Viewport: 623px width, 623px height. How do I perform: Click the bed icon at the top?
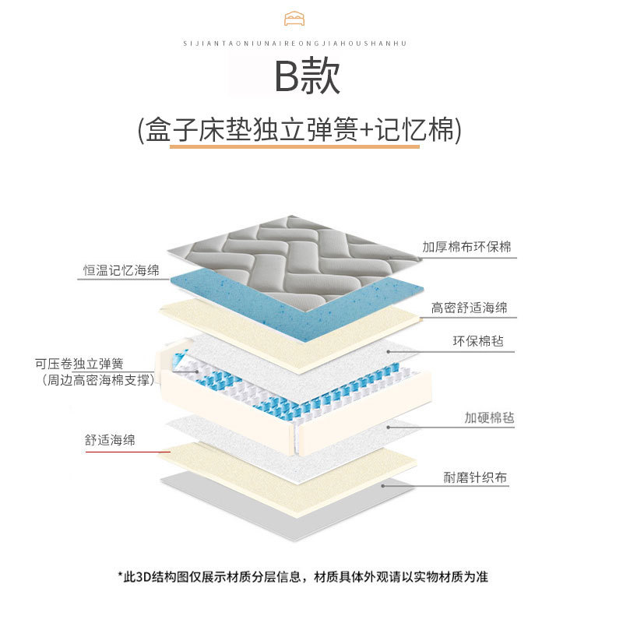tap(294, 19)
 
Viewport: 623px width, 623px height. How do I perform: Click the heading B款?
tap(307, 76)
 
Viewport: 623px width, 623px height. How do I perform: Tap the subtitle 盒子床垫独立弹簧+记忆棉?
tap(300, 129)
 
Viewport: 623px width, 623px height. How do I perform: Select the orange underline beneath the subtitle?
tap(294, 146)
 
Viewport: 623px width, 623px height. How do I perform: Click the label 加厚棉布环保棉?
tap(466, 247)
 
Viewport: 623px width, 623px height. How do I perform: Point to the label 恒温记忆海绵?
tap(121, 270)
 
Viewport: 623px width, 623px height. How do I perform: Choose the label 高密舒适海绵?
tap(470, 308)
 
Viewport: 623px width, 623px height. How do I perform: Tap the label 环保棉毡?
tap(478, 341)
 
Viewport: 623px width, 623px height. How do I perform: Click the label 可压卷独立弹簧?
tap(79, 364)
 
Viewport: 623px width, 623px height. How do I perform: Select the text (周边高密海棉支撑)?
tap(98, 380)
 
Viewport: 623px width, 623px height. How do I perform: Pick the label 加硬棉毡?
tap(489, 417)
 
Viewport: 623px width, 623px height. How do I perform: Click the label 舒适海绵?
tap(110, 440)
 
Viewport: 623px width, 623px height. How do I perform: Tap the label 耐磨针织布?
tap(475, 477)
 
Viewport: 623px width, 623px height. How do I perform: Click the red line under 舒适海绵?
tap(128, 452)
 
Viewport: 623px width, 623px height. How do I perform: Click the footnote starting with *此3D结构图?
tap(303, 576)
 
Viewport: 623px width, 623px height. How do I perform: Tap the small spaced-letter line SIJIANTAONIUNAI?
tap(295, 44)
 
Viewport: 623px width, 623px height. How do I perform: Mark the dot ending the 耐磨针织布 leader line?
tap(383, 485)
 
